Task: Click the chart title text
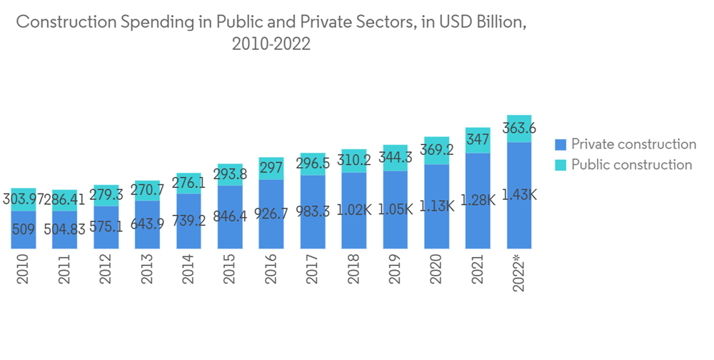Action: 271,32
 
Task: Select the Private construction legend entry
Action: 633,144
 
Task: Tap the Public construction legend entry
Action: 631,165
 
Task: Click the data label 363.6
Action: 519,129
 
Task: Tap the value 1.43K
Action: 519,194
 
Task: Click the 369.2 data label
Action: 436,151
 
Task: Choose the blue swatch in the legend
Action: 560,144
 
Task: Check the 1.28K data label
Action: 478,201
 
